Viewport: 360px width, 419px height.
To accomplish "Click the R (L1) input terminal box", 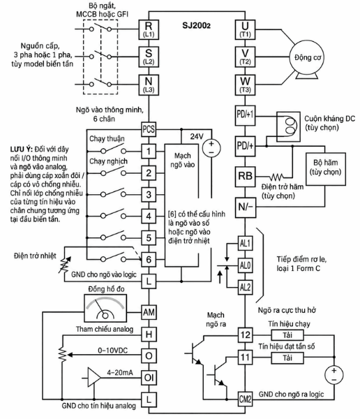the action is [x=149, y=29].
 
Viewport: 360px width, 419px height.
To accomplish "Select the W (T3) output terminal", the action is [x=245, y=85].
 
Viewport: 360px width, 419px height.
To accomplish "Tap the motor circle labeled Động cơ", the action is [x=307, y=57].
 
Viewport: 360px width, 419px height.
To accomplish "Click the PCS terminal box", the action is [x=149, y=129].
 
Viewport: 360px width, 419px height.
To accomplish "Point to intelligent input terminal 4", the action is [x=149, y=216].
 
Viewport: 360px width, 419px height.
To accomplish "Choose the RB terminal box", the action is [x=245, y=177].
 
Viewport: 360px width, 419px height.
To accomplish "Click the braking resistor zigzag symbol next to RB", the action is [x=276, y=177].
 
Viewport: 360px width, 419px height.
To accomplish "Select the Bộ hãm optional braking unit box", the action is [x=326, y=169].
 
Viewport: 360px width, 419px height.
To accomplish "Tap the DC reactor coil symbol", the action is [x=288, y=126].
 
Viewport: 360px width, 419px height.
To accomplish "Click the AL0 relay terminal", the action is [x=245, y=265].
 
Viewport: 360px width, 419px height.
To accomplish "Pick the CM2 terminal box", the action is [x=245, y=399].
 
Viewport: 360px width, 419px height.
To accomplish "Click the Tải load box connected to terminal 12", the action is [x=287, y=335].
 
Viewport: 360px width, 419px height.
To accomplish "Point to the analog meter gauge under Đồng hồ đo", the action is [x=105, y=308].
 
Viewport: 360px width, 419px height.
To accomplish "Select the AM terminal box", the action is [x=149, y=312].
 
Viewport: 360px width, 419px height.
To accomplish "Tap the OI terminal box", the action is [x=149, y=377].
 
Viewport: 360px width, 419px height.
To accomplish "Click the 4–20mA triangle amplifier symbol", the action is [x=94, y=378].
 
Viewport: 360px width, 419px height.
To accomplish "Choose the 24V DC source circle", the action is [x=211, y=148].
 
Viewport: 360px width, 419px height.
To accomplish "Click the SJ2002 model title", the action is [x=196, y=25].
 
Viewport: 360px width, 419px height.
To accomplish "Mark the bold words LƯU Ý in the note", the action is [x=22, y=149].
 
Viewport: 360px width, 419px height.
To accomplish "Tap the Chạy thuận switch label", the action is [x=107, y=139].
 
